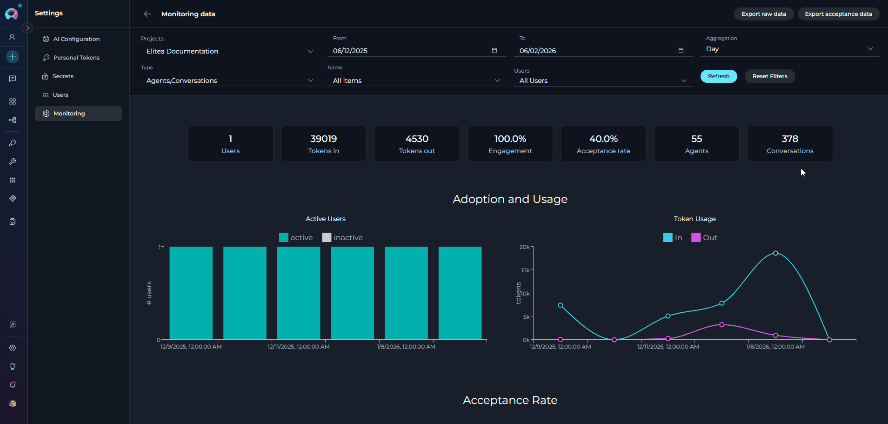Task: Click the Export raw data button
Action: tap(763, 14)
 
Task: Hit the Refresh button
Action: tap(718, 76)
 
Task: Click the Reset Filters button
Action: tap(769, 76)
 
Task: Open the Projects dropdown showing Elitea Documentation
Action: tap(230, 51)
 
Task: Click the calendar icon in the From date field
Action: tap(494, 51)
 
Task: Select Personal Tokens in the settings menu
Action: tap(76, 58)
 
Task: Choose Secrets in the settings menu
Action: tap(63, 76)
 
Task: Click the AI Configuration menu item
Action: tap(76, 39)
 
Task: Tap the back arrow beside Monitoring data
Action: tap(147, 14)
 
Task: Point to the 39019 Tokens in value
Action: tap(323, 139)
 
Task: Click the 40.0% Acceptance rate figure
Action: tap(603, 139)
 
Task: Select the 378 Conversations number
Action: tap(790, 139)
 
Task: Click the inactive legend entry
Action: tap(342, 237)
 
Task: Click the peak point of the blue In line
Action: tap(775, 253)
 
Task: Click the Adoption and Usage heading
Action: tap(510, 199)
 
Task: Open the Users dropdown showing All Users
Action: tap(603, 81)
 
